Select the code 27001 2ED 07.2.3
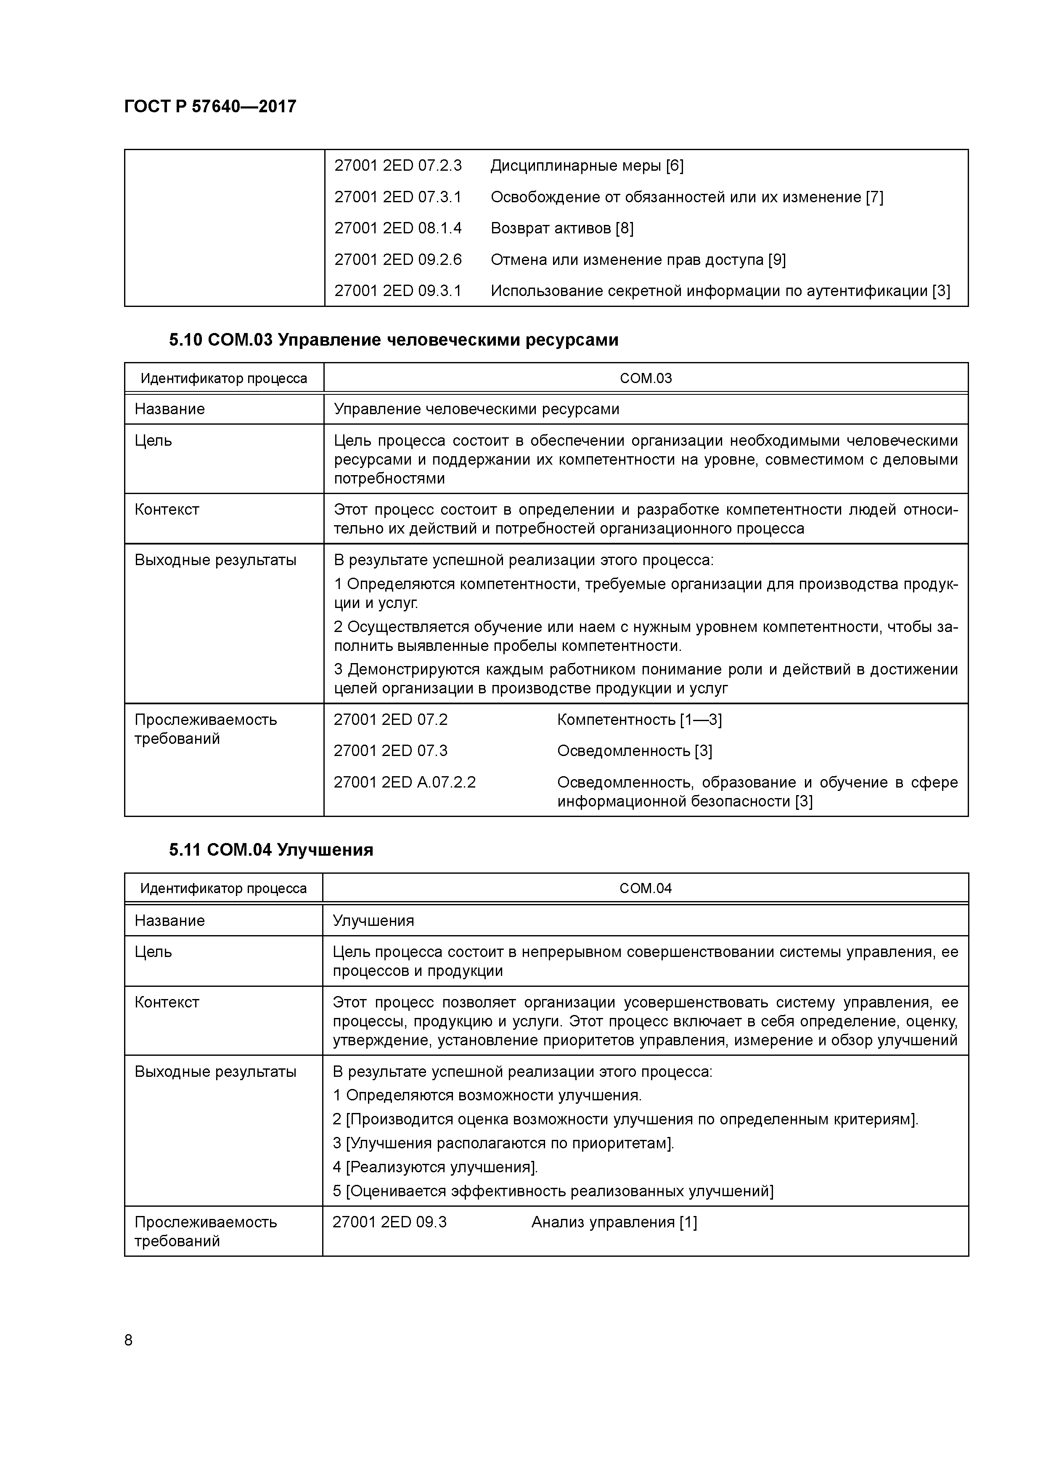[398, 166]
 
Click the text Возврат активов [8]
[562, 228]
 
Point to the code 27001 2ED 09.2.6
[398, 259]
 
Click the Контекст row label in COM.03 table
[167, 510]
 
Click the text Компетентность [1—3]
[639, 719]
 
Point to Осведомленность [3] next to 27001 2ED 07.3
[634, 751]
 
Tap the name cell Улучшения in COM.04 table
[373, 920]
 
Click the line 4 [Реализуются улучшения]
[435, 1167]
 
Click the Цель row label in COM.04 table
[154, 952]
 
